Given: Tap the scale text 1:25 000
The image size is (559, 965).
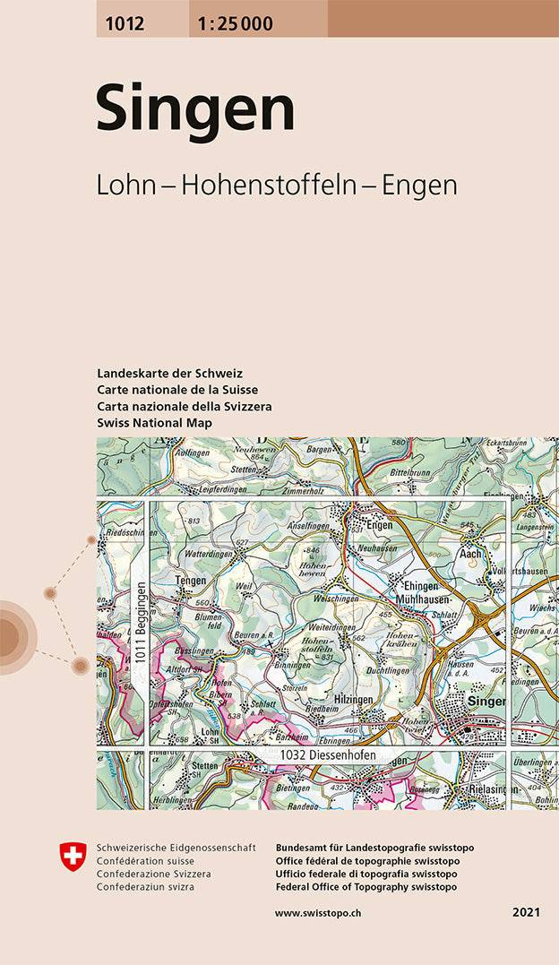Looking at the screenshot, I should tap(231, 24).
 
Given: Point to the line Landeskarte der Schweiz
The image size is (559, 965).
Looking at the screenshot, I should tap(170, 373).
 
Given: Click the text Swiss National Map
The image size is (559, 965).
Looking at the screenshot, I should tap(154, 421).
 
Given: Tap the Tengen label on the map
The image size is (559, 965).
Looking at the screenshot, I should tap(190, 581).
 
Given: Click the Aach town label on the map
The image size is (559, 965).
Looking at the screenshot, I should tap(471, 554).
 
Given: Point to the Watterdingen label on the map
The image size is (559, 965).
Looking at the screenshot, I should tap(207, 554).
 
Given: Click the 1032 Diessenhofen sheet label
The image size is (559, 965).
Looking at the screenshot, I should tap(327, 756).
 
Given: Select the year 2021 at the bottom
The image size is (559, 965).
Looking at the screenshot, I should tap(526, 912).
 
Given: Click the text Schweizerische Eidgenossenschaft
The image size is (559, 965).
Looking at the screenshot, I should tap(176, 848).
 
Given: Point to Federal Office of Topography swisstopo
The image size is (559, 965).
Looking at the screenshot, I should tap(366, 886).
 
